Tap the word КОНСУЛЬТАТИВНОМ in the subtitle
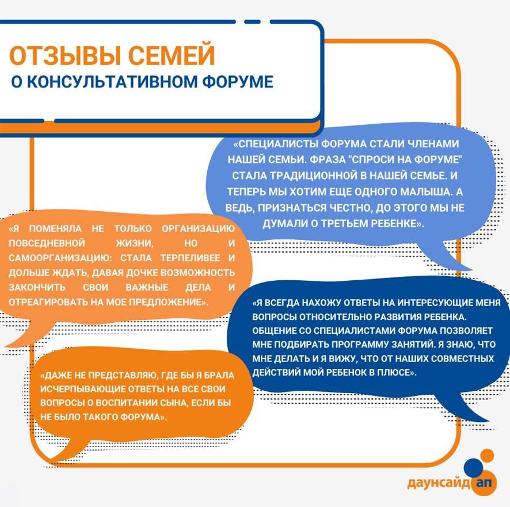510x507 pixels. (x=112, y=82)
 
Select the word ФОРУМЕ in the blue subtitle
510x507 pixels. (x=238, y=82)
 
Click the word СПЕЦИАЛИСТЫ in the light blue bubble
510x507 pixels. (x=279, y=144)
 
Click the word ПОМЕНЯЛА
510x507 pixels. (x=55, y=228)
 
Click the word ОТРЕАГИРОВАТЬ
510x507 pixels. (x=47, y=303)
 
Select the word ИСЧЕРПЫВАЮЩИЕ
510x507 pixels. (x=83, y=389)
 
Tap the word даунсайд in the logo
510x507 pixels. (x=439, y=483)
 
